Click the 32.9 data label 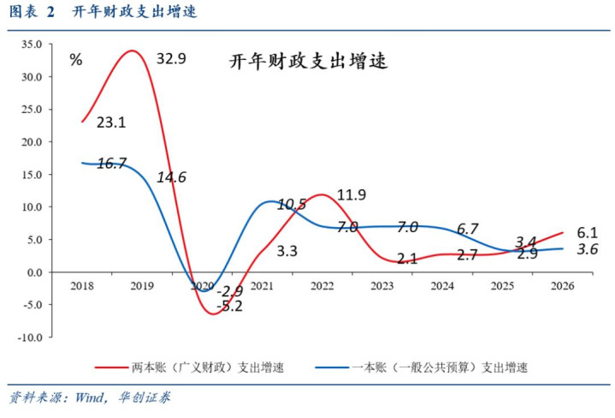click(171, 58)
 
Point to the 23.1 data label click(111, 122)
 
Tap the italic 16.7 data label click(111, 163)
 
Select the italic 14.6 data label click(171, 177)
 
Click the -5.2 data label click(228, 306)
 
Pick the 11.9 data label click(351, 194)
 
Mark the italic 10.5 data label click(292, 204)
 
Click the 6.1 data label click(587, 232)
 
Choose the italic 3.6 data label click(587, 249)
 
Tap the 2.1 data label click(407, 258)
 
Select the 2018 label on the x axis click(82, 285)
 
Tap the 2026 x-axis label click(563, 285)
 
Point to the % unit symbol click(76, 60)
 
